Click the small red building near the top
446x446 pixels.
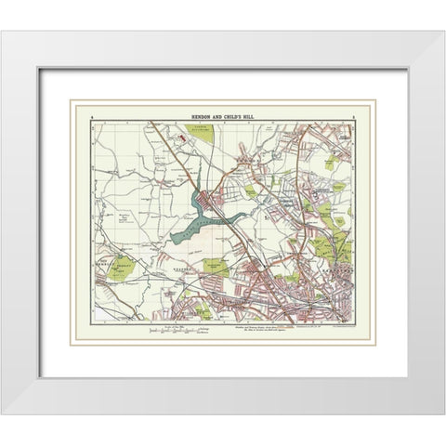[182, 137]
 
